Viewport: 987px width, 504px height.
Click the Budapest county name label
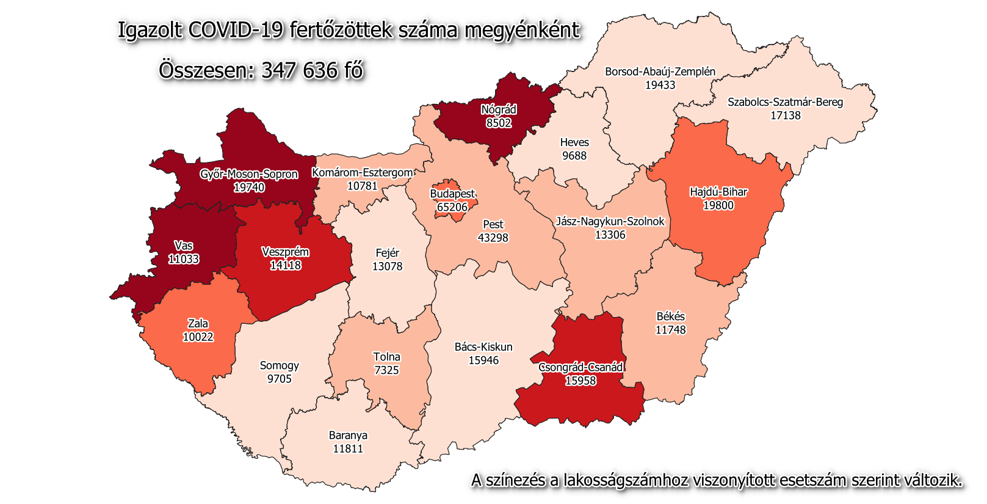[452, 194]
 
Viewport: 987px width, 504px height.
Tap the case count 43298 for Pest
[493, 238]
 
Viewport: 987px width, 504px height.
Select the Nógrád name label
[499, 109]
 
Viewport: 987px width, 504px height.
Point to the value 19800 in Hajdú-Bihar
[718, 205]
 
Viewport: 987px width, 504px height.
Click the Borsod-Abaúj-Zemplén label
[660, 71]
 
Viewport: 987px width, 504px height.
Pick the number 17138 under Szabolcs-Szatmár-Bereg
[785, 115]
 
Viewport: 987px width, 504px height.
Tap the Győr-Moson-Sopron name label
[249, 174]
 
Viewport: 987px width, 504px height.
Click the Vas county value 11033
[184, 259]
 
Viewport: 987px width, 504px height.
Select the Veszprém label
[285, 252]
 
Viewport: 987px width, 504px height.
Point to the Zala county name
[198, 323]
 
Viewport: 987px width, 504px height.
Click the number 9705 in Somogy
[279, 379]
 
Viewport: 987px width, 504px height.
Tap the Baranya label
[348, 435]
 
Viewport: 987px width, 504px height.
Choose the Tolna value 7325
[386, 370]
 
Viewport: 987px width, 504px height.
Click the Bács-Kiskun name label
[483, 347]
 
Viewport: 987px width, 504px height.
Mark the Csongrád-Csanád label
[580, 367]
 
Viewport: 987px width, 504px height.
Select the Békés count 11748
[670, 330]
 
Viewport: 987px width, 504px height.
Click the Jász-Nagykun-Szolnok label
[610, 221]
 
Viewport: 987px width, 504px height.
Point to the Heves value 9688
[574, 156]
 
